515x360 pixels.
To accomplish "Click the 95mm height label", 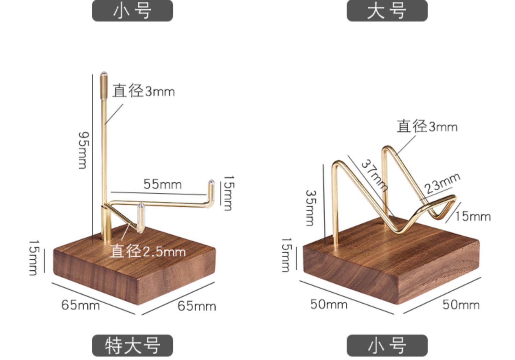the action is coord(83,150).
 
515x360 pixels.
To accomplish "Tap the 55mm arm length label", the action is coord(162,184).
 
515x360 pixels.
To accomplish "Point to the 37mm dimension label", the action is coord(375,175).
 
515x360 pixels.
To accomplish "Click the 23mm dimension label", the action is coord(442,183).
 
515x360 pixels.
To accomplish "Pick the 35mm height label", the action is coord(310,208).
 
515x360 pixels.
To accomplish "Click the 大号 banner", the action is coord(387,11).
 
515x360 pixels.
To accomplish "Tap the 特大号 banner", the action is coord(132,345).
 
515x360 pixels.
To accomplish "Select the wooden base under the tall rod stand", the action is coord(134,271).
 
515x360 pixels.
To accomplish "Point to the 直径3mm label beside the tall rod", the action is coord(143,91).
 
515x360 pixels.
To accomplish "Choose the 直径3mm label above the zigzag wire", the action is coord(427,126).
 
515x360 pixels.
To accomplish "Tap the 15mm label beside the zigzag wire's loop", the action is coord(473,216).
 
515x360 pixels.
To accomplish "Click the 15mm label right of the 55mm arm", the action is coord(228,193).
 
